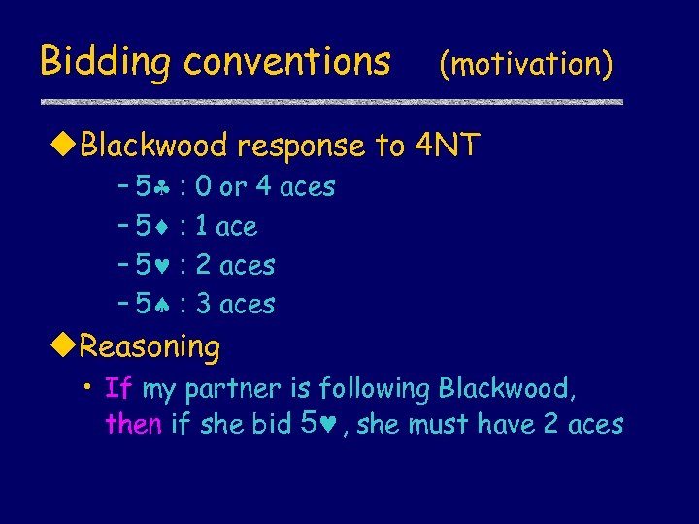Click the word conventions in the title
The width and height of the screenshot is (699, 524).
(x=287, y=62)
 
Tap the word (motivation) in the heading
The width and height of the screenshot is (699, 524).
(x=525, y=64)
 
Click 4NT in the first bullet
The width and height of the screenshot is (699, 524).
(x=447, y=146)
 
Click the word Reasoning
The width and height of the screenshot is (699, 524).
(x=150, y=345)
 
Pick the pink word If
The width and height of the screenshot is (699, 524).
(x=118, y=389)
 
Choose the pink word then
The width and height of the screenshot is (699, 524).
(x=133, y=424)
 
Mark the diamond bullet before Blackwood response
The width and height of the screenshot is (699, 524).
(x=65, y=147)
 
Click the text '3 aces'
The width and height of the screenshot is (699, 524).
(x=235, y=305)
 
